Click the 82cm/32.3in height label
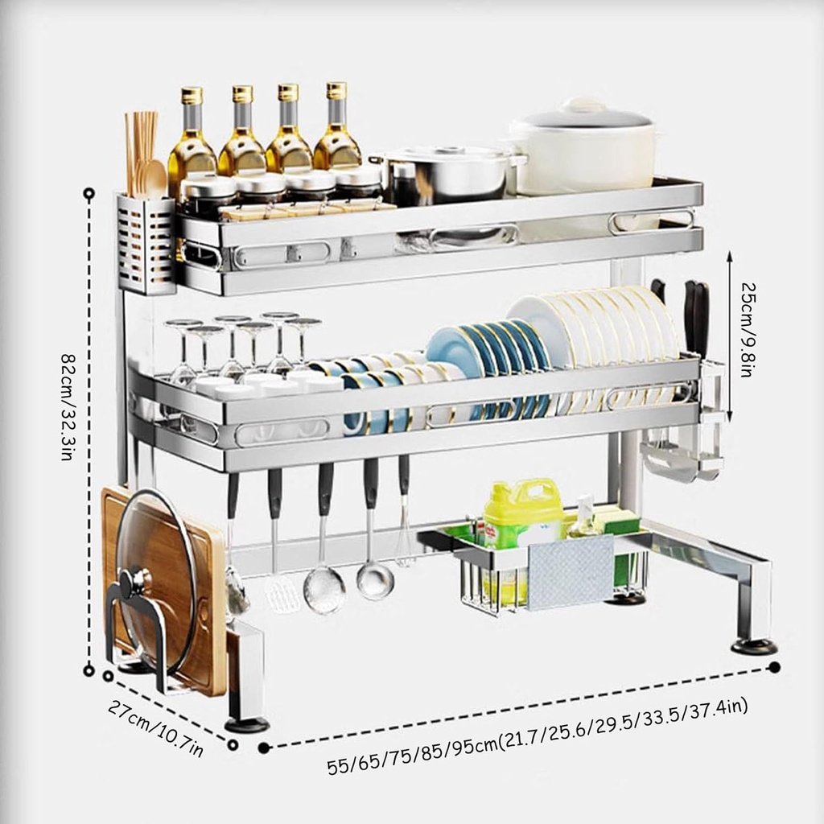tap(67, 407)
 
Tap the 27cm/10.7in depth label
tap(155, 728)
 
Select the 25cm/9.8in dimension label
tap(748, 329)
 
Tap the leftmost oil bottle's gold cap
tap(192, 96)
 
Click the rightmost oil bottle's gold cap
tap(336, 90)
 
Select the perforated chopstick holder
tap(146, 244)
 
